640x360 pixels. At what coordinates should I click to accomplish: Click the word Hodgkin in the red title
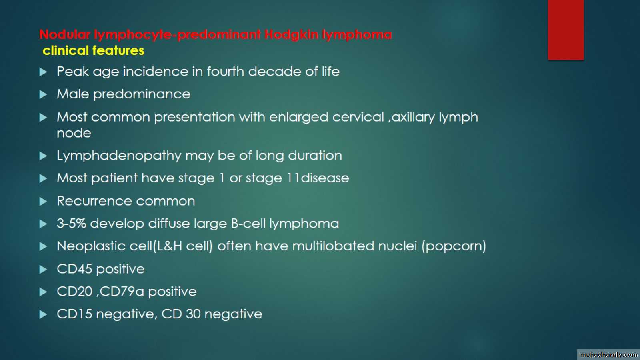pos(291,35)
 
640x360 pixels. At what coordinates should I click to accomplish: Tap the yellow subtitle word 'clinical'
pos(66,50)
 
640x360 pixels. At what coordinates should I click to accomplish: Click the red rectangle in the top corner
pos(566,30)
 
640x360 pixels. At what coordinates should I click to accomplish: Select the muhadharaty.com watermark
pos(608,354)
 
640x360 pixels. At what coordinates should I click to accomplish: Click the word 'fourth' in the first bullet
pos(226,71)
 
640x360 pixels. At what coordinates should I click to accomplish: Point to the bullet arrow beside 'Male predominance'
pos(43,94)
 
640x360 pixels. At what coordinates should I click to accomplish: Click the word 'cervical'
pos(358,117)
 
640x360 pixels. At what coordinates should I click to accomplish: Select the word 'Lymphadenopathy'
pos(119,156)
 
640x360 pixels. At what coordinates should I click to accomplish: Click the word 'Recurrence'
pos(94,201)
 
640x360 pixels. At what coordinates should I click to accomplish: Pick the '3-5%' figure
pos(72,224)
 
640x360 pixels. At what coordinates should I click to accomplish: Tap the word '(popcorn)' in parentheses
pos(454,246)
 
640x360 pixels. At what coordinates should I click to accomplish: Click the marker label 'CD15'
pos(74,314)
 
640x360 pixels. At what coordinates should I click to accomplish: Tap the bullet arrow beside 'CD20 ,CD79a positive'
pos(43,292)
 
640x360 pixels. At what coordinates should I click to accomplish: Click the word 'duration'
pos(315,156)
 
